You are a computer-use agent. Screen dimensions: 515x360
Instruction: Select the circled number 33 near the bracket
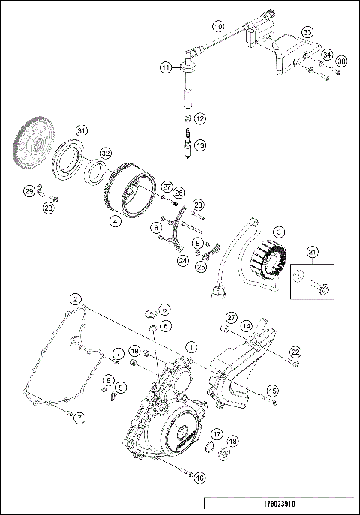pyautogui.click(x=307, y=32)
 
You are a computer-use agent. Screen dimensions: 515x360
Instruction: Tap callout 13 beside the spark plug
pyautogui.click(x=199, y=145)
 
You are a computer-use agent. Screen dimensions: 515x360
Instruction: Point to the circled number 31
pyautogui.click(x=82, y=130)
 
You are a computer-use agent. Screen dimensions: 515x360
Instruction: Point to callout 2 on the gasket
pyautogui.click(x=75, y=299)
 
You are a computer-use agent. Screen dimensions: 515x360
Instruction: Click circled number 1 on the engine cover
pyautogui.click(x=192, y=346)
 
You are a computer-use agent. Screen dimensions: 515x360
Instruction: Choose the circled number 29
pyautogui.click(x=29, y=192)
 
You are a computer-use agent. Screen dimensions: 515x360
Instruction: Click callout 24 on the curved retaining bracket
pyautogui.click(x=182, y=260)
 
